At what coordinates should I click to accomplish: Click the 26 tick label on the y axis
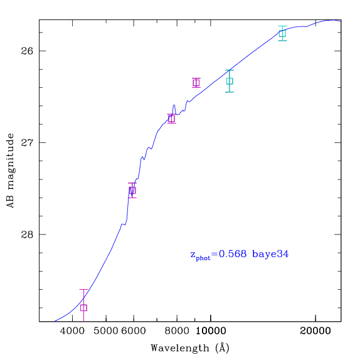[x=27, y=51]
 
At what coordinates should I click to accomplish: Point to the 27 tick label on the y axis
[x=27, y=142]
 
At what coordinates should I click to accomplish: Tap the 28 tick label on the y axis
[x=27, y=235]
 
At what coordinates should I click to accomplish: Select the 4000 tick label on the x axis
[x=73, y=331]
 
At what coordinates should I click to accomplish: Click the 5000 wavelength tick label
[x=106, y=331]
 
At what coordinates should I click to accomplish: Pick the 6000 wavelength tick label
[x=134, y=331]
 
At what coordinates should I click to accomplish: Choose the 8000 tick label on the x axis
[x=177, y=331]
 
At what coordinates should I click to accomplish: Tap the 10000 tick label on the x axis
[x=211, y=331]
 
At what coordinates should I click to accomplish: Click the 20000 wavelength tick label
[x=315, y=331]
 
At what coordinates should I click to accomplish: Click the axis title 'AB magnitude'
[x=10, y=171]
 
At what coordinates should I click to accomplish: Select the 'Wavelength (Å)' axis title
[x=190, y=348]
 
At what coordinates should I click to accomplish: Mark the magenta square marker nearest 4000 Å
[x=83, y=308]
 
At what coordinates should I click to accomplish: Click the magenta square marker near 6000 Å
[x=132, y=190]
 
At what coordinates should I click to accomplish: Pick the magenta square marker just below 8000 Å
[x=171, y=119]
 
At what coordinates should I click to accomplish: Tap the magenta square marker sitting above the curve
[x=196, y=83]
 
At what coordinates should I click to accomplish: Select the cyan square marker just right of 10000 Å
[x=230, y=81]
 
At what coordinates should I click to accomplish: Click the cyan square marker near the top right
[x=283, y=33]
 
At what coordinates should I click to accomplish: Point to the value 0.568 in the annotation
[x=233, y=254]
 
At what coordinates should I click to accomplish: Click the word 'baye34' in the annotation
[x=270, y=255]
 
